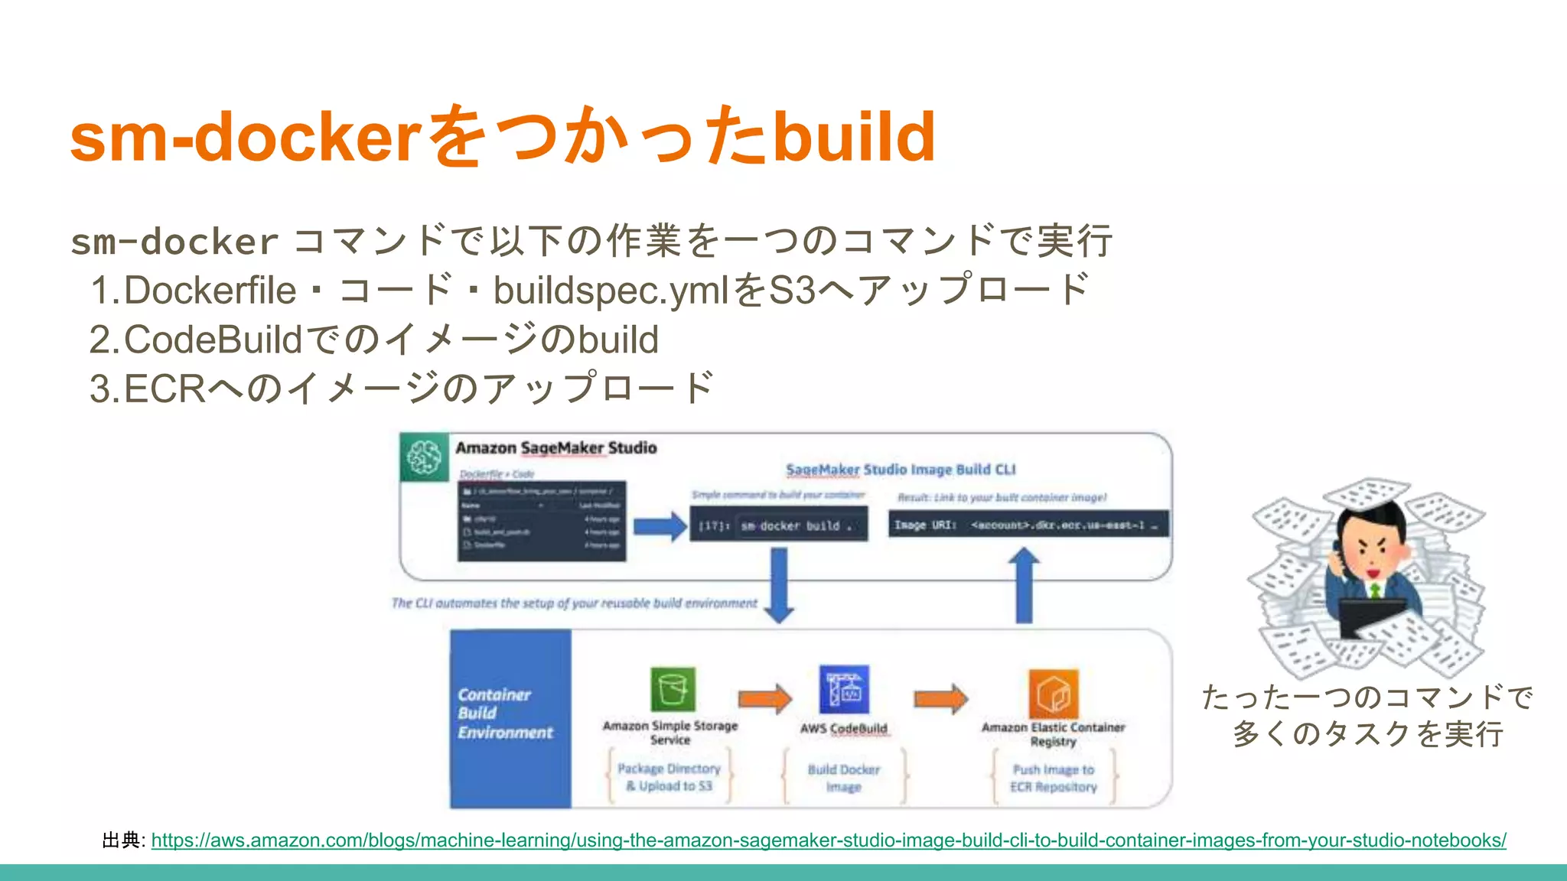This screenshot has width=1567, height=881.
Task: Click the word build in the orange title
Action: tap(854, 138)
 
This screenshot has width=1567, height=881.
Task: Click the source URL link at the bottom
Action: tap(828, 840)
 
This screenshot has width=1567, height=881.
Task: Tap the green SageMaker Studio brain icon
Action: tap(424, 457)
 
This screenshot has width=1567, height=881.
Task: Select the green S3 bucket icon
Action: tap(673, 689)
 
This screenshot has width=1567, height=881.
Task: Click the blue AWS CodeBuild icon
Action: tap(844, 689)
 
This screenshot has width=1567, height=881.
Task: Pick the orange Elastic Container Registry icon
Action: tap(1054, 693)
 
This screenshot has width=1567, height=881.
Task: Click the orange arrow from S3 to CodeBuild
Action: tap(764, 698)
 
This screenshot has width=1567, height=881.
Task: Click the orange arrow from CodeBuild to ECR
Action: tap(940, 698)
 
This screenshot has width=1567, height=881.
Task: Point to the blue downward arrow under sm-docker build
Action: tap(779, 585)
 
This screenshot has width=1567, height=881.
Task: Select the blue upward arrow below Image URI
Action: tap(1024, 585)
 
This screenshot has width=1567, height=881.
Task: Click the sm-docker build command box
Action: tap(779, 526)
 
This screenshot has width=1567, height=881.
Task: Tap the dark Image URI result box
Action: tap(1028, 525)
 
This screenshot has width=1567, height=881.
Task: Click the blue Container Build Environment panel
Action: tap(510, 718)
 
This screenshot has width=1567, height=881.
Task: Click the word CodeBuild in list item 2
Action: tap(213, 340)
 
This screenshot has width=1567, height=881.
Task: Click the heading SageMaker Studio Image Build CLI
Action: tap(901, 470)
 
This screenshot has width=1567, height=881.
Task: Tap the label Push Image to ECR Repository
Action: tap(1054, 778)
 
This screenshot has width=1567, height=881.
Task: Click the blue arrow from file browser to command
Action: tap(660, 526)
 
